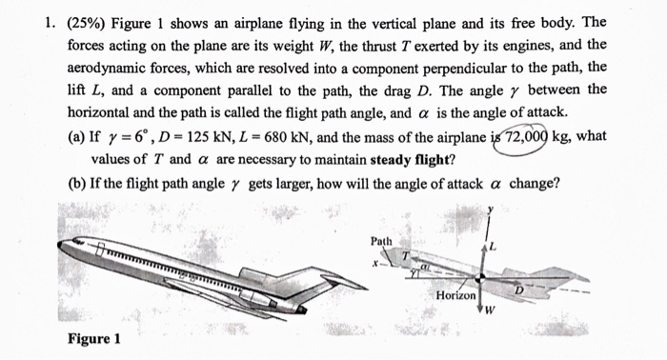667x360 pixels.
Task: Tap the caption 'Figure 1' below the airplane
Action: pos(93,339)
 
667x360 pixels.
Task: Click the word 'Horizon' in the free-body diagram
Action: pos(455,297)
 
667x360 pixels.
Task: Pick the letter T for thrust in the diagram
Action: pos(403,256)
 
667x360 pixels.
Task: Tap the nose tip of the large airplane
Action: pos(59,244)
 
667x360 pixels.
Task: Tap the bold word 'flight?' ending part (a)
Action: pos(424,159)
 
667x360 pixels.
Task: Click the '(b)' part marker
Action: pos(79,183)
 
